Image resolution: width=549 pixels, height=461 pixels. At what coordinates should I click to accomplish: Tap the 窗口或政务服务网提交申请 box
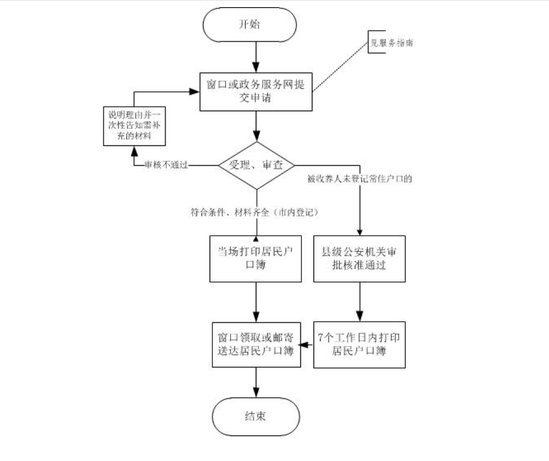click(x=256, y=91)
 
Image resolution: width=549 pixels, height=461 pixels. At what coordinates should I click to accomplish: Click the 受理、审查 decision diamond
click(x=256, y=165)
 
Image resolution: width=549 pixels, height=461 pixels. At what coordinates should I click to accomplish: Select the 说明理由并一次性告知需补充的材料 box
click(x=134, y=127)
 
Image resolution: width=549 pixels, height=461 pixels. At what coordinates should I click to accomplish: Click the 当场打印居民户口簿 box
click(x=256, y=259)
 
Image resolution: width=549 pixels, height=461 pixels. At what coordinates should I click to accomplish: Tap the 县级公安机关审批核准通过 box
click(x=360, y=259)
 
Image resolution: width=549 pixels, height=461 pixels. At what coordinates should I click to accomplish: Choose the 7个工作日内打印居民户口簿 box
click(x=360, y=345)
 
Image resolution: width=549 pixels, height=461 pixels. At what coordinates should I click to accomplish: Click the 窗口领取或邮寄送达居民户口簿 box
click(x=256, y=345)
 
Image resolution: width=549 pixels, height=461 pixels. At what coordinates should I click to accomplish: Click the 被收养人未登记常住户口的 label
click(x=360, y=180)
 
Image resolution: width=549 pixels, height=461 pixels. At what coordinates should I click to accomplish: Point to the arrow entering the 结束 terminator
click(x=256, y=382)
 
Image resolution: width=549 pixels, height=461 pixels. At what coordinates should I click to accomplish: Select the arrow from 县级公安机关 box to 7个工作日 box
click(x=360, y=302)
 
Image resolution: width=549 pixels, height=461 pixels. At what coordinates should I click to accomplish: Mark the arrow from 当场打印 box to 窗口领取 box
click(x=256, y=302)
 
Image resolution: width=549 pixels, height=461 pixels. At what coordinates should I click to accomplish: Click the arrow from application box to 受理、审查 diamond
click(x=256, y=127)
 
